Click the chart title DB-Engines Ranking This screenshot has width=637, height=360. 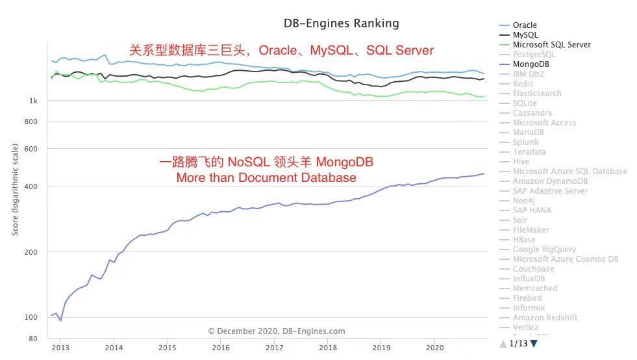click(341, 23)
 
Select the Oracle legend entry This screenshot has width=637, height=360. click(525, 25)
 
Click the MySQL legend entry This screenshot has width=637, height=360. click(525, 35)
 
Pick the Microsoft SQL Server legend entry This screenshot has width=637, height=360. click(551, 45)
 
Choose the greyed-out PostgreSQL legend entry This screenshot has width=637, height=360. click(534, 55)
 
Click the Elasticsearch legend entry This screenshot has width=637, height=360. click(536, 94)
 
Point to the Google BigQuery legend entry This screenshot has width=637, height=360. click(544, 250)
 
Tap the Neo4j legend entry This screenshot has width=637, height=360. click(523, 201)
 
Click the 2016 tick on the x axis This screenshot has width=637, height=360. click(221, 348)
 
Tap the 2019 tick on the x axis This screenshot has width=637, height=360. click(381, 348)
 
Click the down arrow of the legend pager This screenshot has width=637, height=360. click(534, 343)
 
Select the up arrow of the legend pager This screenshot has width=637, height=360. click(503, 343)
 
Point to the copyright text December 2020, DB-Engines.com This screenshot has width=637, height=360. click(277, 331)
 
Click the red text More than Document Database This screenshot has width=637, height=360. click(266, 177)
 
